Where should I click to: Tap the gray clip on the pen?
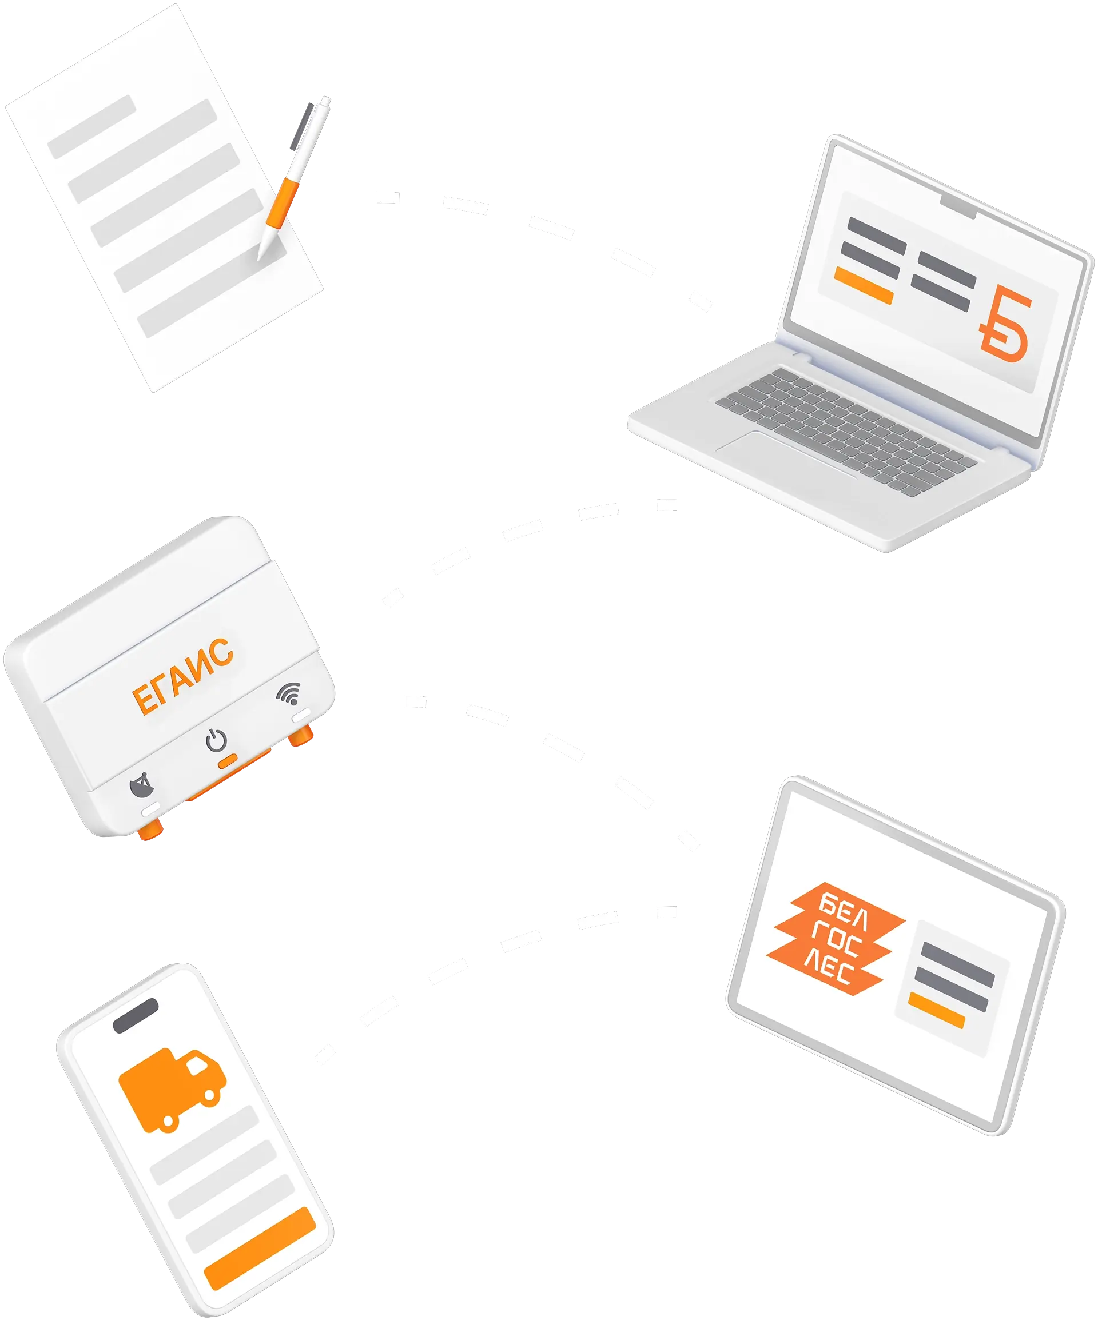(301, 126)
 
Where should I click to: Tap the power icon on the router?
(216, 740)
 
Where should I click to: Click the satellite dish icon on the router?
(141, 785)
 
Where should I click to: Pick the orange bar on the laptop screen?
(864, 285)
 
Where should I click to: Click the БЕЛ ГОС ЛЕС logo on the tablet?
(835, 939)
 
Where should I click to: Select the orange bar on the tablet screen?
(936, 1011)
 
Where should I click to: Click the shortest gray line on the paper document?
(92, 127)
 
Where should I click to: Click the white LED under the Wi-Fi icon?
(301, 716)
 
